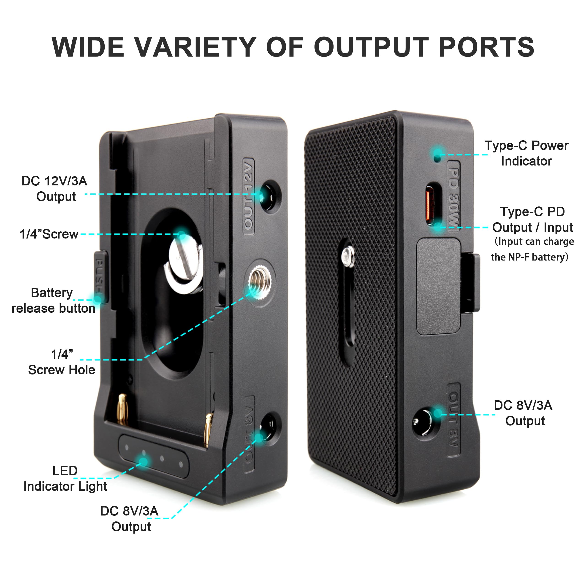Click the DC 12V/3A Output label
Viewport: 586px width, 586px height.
click(x=55, y=189)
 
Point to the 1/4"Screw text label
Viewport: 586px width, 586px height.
click(x=49, y=234)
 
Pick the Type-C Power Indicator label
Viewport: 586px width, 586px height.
click(x=526, y=153)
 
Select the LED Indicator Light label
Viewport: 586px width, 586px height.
click(x=65, y=479)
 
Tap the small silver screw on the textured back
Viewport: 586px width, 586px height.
click(x=348, y=257)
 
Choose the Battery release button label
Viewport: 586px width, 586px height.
click(x=53, y=301)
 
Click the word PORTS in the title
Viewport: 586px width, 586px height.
click(x=486, y=47)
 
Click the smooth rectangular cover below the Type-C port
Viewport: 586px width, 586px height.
click(x=439, y=286)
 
